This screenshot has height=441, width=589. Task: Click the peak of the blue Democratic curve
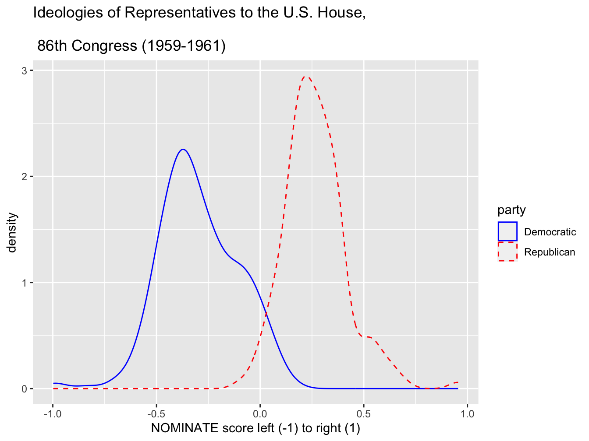183,150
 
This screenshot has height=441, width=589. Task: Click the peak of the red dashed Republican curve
306,77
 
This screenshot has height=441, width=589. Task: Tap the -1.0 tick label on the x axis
53,414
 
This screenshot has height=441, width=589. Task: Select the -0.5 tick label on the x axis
156,414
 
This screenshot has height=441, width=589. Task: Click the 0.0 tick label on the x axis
260,414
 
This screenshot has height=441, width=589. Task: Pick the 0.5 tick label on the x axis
364,414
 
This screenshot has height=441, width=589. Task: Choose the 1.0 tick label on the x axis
468,414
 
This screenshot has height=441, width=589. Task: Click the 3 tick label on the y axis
25,71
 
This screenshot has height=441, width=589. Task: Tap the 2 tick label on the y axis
25,177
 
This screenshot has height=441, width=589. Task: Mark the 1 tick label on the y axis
25,283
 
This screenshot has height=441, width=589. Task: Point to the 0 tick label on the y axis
25,389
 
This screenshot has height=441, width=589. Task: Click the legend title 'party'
511,210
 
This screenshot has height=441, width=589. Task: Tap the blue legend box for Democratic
507,231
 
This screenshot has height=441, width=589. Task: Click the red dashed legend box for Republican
507,252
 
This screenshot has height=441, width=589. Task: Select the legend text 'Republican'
550,252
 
